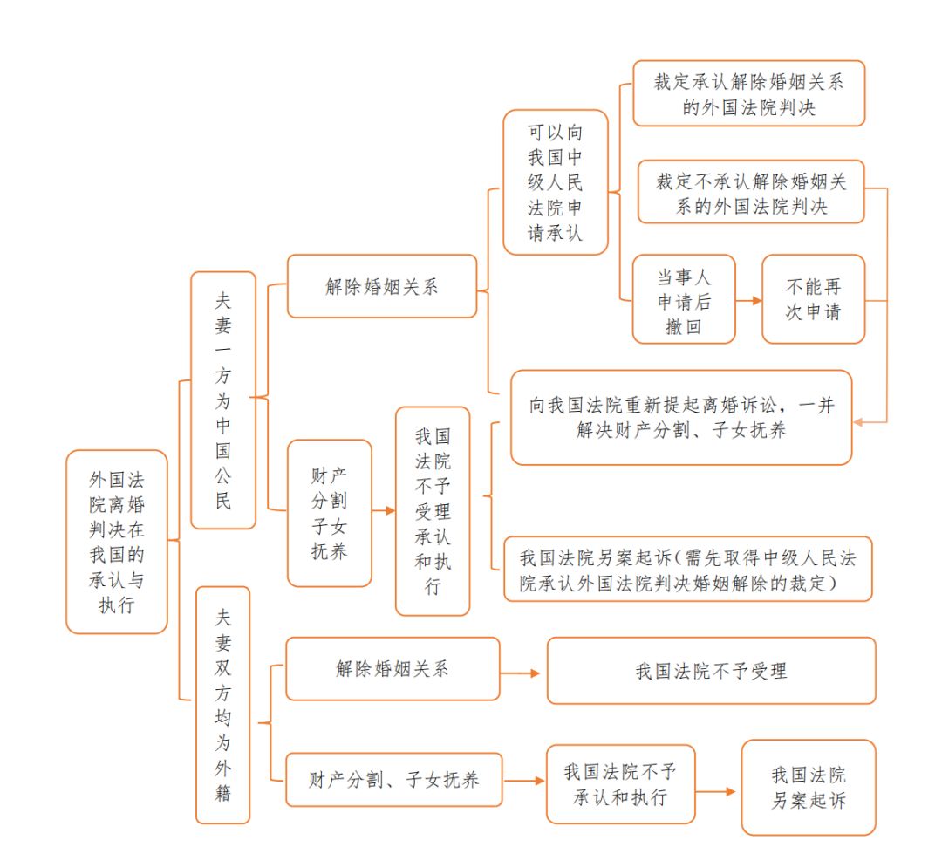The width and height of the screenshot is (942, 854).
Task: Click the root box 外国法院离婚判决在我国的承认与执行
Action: pos(117,541)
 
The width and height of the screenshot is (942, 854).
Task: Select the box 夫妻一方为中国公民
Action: pos(223,400)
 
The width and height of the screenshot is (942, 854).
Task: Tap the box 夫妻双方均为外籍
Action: pos(222,704)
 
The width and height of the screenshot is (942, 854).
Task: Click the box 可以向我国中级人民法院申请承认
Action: pos(556,182)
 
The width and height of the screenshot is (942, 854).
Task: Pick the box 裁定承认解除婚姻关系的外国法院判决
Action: pos(748,93)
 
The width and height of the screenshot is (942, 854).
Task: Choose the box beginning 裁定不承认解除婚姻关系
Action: pos(751,192)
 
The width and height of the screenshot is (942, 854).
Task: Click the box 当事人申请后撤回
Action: pos(684,298)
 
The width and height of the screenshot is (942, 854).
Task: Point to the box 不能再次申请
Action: pos(813,298)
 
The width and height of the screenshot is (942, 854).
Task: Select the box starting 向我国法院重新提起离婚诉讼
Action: pos(680,417)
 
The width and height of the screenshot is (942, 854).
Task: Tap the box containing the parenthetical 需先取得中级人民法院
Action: pos(687,569)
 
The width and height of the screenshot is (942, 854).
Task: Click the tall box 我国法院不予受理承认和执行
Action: pos(433,510)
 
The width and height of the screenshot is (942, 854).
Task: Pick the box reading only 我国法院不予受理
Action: pos(711,670)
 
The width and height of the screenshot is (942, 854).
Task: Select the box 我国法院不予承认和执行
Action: pos(620,783)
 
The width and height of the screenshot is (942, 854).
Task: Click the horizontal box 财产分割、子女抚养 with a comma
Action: pos(394,779)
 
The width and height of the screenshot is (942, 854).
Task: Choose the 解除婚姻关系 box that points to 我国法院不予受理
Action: pos(392,668)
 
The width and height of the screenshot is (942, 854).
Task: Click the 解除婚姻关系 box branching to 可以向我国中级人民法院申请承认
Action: pos(382,286)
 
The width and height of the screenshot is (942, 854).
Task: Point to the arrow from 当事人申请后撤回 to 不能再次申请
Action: pos(748,300)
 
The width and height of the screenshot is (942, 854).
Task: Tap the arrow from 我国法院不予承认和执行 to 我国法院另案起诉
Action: pos(717,791)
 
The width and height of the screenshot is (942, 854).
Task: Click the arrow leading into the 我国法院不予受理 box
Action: pos(522,673)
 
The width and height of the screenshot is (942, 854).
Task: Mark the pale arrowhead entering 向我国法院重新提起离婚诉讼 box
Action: pos(858,422)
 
